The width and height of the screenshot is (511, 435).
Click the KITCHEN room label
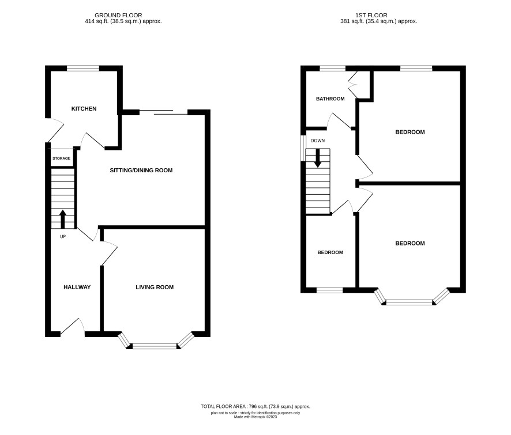pyautogui.click(x=84, y=109)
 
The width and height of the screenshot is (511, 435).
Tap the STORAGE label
pyautogui.click(x=61, y=158)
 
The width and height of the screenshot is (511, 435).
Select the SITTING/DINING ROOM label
pyautogui.click(x=141, y=171)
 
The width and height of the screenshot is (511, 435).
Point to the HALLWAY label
pyautogui.click(x=77, y=287)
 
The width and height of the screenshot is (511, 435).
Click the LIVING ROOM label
pyautogui.click(x=155, y=287)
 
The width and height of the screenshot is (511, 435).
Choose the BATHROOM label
pyautogui.click(x=330, y=99)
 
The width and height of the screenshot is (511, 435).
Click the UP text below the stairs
pyautogui.click(x=63, y=237)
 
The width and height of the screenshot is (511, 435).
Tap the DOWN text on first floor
pyautogui.click(x=318, y=141)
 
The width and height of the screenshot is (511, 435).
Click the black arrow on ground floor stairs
pyautogui.click(x=62, y=219)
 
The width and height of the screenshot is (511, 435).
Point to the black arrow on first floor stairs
pyautogui.click(x=318, y=158)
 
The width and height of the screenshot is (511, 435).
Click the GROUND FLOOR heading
pyautogui.click(x=118, y=16)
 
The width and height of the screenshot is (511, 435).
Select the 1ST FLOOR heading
pyautogui.click(x=371, y=16)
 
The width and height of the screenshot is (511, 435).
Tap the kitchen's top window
pyautogui.click(x=83, y=69)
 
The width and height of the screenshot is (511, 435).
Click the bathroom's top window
pyautogui.click(x=332, y=69)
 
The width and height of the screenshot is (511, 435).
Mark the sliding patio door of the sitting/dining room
pyautogui.click(x=164, y=112)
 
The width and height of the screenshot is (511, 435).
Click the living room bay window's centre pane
pyautogui.click(x=155, y=346)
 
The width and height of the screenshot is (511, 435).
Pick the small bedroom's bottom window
pyautogui.click(x=330, y=290)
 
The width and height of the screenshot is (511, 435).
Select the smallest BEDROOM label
pyautogui.click(x=330, y=253)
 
